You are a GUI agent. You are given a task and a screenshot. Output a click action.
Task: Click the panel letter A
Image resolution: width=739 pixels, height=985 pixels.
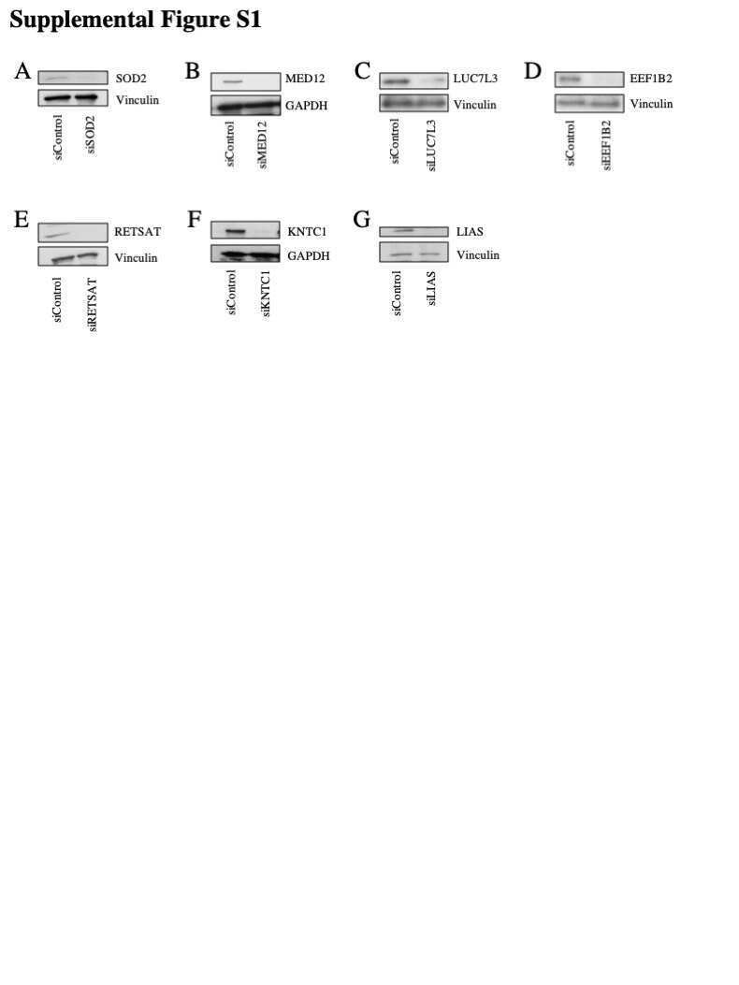coord(22,71)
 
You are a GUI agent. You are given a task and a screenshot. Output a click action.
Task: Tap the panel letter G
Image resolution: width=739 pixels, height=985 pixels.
coord(362,219)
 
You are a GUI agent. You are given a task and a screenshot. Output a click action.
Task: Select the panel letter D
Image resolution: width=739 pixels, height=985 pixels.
coord(532,71)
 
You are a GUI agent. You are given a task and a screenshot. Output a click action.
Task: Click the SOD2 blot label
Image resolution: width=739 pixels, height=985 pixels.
coord(131,79)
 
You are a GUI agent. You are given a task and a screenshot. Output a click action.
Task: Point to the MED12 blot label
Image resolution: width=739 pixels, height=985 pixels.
coord(305,79)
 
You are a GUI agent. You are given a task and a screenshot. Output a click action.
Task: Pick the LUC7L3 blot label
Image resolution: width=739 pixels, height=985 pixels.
coord(475,79)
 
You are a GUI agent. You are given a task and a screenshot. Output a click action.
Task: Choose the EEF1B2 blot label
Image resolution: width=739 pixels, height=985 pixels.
coord(651,79)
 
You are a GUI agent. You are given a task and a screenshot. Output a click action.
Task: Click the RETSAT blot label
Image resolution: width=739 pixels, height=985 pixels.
coord(138,232)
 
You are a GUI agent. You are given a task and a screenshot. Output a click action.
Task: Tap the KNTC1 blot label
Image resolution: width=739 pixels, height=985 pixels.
coord(307,232)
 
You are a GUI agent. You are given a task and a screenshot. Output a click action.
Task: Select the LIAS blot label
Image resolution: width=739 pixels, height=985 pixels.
coord(470,232)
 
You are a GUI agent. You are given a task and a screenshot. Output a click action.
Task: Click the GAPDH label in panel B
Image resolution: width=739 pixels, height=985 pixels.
coord(306,106)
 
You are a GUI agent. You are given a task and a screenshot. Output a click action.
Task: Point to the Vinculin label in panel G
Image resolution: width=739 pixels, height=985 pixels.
coord(478,255)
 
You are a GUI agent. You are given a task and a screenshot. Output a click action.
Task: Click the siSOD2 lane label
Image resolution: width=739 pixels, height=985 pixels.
coord(91,135)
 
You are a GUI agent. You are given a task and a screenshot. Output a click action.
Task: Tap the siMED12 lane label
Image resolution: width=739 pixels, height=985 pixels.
coord(263,145)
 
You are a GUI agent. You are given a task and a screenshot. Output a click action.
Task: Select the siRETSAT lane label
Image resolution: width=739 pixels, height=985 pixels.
coord(93,305)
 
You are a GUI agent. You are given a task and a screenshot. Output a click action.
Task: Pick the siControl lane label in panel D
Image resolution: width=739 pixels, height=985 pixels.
coord(571,143)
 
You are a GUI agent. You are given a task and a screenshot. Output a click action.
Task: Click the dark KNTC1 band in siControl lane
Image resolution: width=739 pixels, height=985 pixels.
coord(235,232)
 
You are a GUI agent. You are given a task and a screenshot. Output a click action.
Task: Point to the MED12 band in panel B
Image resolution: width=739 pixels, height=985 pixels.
coord(233,81)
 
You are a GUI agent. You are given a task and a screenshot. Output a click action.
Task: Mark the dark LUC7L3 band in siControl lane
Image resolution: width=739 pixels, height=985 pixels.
coord(396,81)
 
